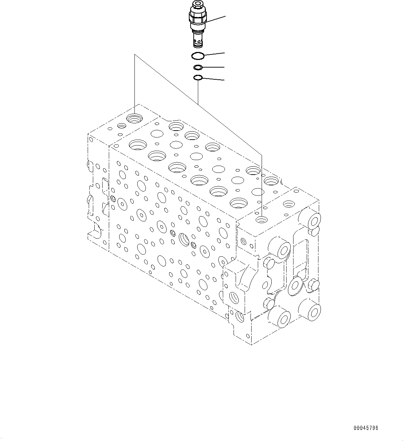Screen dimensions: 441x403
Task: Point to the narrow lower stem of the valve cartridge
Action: coord(197,39)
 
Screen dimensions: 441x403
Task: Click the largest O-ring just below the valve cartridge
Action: coord(198,55)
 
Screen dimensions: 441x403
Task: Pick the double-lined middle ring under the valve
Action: coord(198,67)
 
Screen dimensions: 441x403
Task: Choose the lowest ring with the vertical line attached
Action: coord(198,78)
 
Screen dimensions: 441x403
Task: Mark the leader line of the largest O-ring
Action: coord(215,53)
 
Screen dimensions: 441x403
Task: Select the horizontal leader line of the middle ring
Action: coord(213,67)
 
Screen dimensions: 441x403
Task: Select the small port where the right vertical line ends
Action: coord(262,219)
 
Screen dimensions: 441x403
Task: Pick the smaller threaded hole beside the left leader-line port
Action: coord(122,126)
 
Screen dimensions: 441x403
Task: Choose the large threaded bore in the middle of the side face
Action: coord(183,239)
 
